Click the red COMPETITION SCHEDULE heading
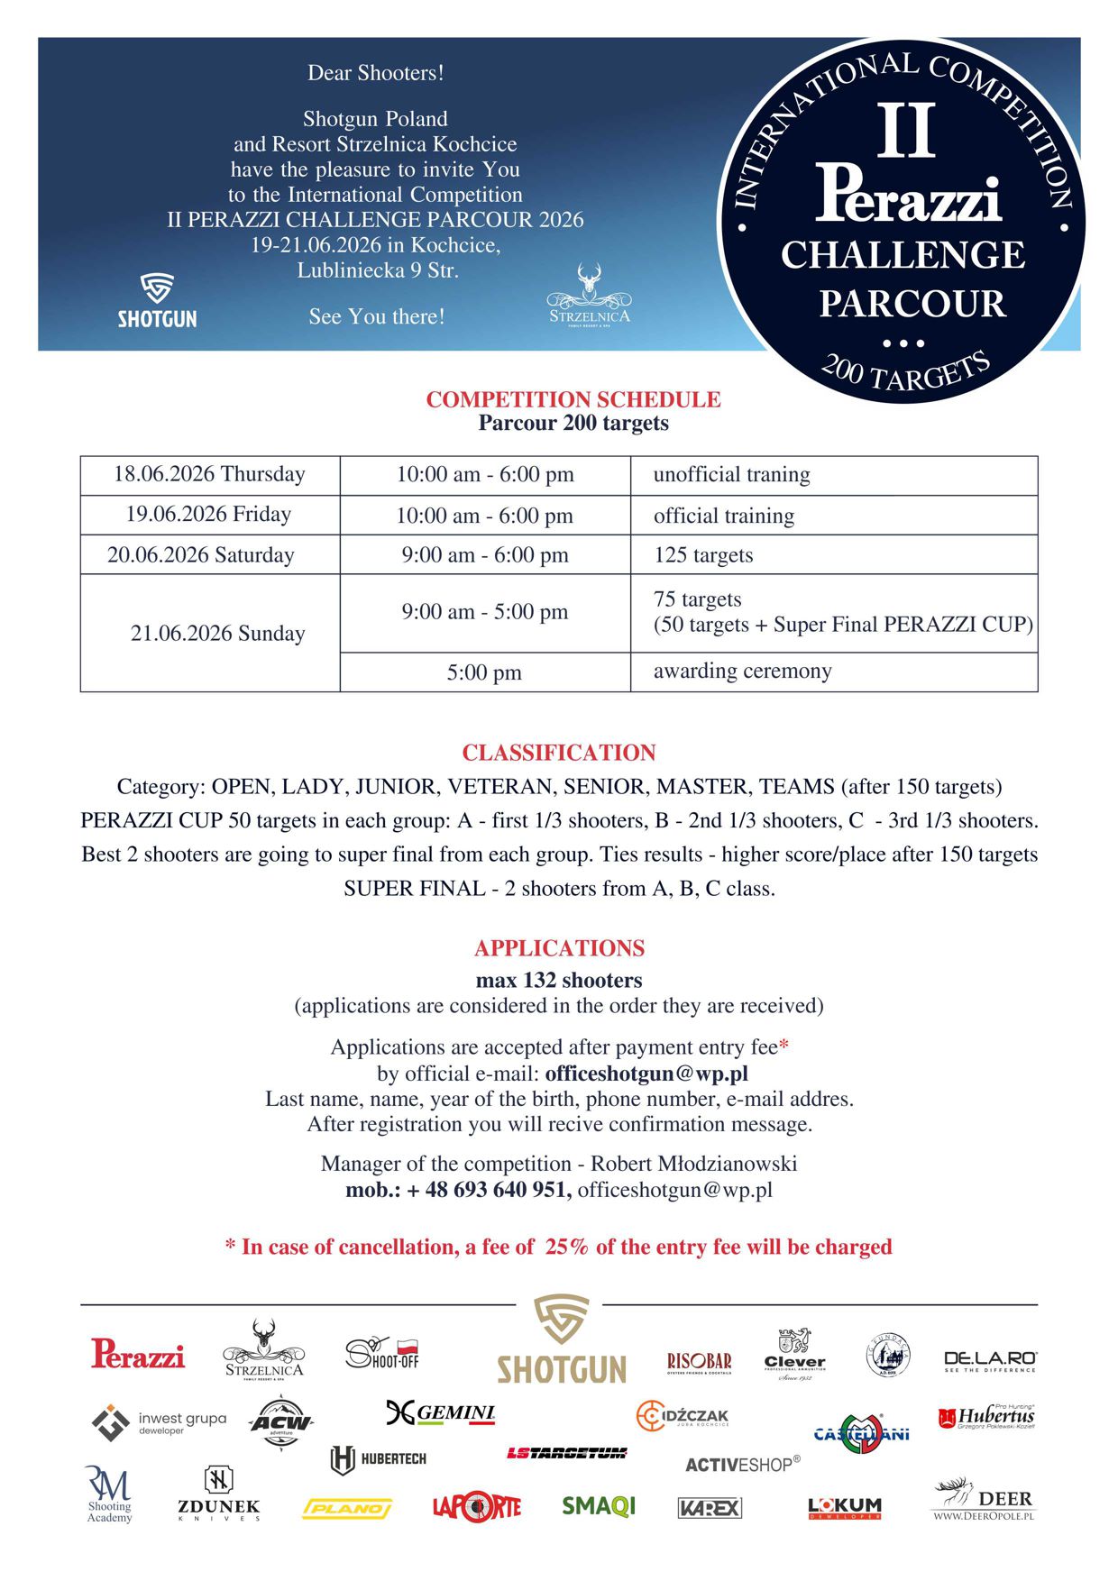tap(573, 399)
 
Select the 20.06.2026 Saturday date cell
tap(201, 554)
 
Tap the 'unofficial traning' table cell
tap(731, 474)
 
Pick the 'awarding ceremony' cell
tap(742, 671)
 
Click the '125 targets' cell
tap(703, 554)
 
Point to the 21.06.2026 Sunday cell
tap(217, 633)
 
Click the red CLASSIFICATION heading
tap(559, 753)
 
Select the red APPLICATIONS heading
tap(559, 948)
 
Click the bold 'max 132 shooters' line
tap(559, 980)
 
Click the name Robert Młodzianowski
tap(693, 1163)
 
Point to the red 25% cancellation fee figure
tap(566, 1247)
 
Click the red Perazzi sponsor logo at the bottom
tap(138, 1354)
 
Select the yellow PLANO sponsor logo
tap(347, 1508)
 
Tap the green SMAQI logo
tap(599, 1505)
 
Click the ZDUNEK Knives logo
tap(218, 1497)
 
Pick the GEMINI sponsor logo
tap(441, 1412)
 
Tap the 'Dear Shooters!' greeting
tap(376, 73)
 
